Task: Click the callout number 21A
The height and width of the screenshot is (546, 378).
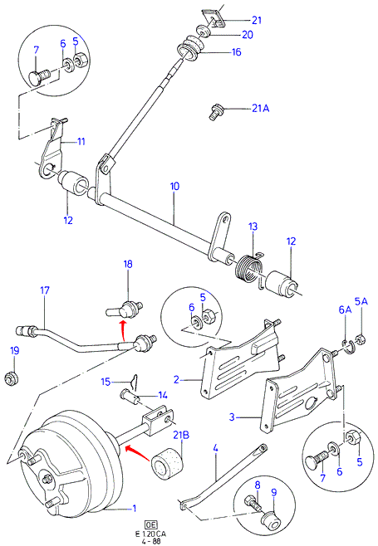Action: point(261,109)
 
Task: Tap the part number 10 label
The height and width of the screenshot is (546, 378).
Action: point(174,187)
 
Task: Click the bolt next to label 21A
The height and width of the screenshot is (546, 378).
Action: point(214,112)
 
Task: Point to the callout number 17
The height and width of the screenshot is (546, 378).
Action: point(45,290)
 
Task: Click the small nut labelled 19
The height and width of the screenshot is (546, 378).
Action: point(12,378)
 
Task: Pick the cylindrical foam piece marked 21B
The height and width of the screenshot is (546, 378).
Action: point(166,464)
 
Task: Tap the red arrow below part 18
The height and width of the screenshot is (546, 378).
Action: point(122,331)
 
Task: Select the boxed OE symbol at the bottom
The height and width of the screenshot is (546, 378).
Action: point(151,525)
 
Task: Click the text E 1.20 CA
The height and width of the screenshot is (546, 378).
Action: point(151,534)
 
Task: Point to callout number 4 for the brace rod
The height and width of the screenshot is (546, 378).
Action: point(215,448)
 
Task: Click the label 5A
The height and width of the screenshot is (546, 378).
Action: point(361,301)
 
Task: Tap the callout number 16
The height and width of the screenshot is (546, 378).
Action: point(237,52)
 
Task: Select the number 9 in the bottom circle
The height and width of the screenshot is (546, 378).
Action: point(273,492)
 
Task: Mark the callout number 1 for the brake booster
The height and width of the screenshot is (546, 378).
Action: point(135,509)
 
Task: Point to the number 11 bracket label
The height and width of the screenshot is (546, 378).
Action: point(81,141)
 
